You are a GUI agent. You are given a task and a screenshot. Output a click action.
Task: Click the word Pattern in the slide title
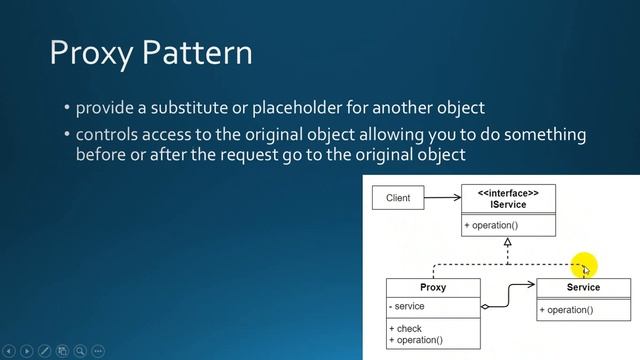pyautogui.click(x=198, y=52)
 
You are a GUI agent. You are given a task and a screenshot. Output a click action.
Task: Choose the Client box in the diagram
pyautogui.click(x=398, y=198)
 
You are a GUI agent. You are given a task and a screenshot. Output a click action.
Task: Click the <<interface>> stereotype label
pyautogui.click(x=508, y=193)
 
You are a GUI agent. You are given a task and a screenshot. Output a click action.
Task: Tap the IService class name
pyautogui.click(x=508, y=205)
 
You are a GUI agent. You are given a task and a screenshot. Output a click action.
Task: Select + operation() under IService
pyautogui.click(x=490, y=226)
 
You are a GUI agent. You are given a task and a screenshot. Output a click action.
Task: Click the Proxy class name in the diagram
pyautogui.click(x=433, y=288)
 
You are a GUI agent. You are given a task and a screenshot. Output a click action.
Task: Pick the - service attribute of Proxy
pyautogui.click(x=407, y=307)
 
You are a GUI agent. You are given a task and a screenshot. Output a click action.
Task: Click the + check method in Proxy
pyautogui.click(x=406, y=329)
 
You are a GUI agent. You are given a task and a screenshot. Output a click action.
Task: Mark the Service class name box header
pyautogui.click(x=583, y=288)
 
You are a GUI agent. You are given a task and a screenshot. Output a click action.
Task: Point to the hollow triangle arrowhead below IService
pyautogui.click(x=508, y=242)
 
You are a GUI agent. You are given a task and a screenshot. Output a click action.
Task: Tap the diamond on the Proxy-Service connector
pyautogui.click(x=485, y=307)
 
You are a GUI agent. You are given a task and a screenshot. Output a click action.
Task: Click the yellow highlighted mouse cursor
pyautogui.click(x=584, y=266)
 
